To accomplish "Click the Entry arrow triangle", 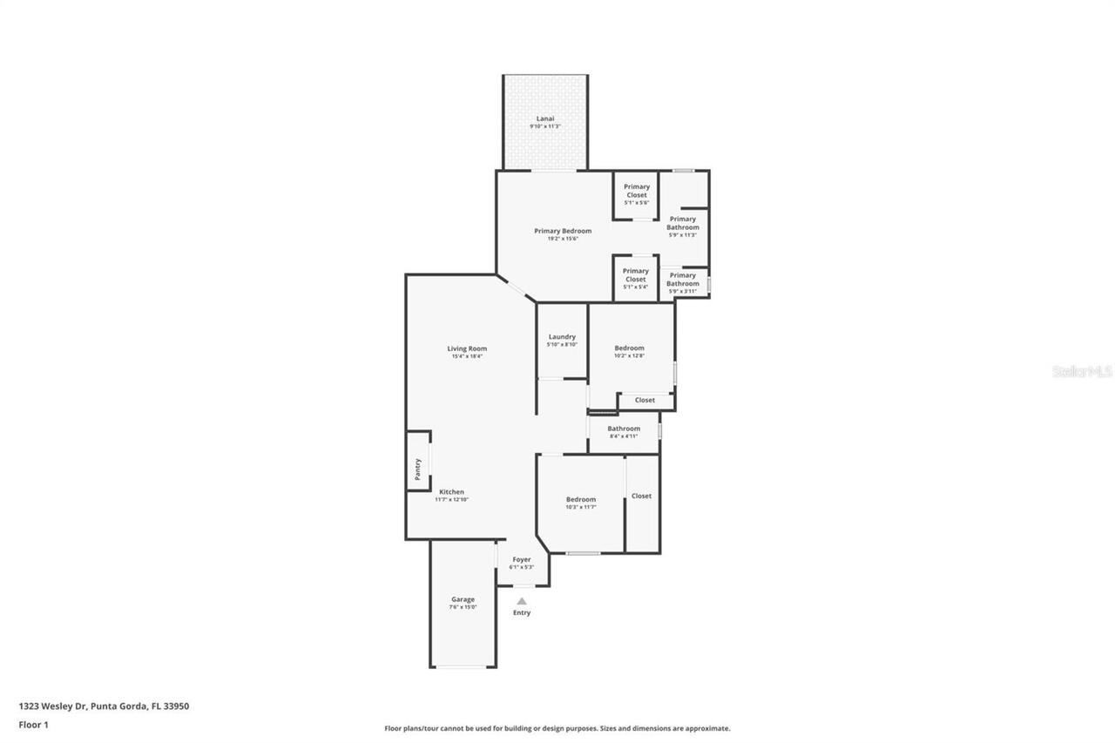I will [x=521, y=601].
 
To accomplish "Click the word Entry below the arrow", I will [x=521, y=612].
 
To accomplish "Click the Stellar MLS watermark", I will [x=1082, y=371].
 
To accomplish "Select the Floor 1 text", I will [x=33, y=724].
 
